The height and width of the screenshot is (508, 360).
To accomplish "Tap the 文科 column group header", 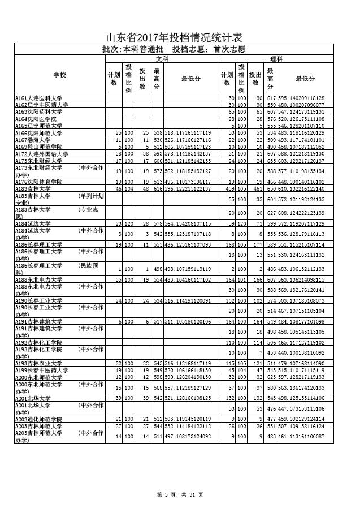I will click(x=162, y=58).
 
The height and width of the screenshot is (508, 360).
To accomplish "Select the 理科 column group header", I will click(x=276, y=58).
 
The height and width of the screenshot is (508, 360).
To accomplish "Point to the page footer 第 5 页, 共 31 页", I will click(x=180, y=495).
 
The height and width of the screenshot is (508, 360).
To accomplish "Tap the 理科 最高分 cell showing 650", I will click(x=271, y=188).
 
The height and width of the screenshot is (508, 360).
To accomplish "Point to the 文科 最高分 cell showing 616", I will click(x=157, y=188).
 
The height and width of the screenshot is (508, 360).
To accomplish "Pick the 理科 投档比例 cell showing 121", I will click(x=241, y=363).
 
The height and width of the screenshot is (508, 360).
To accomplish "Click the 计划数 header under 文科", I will click(x=113, y=79).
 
